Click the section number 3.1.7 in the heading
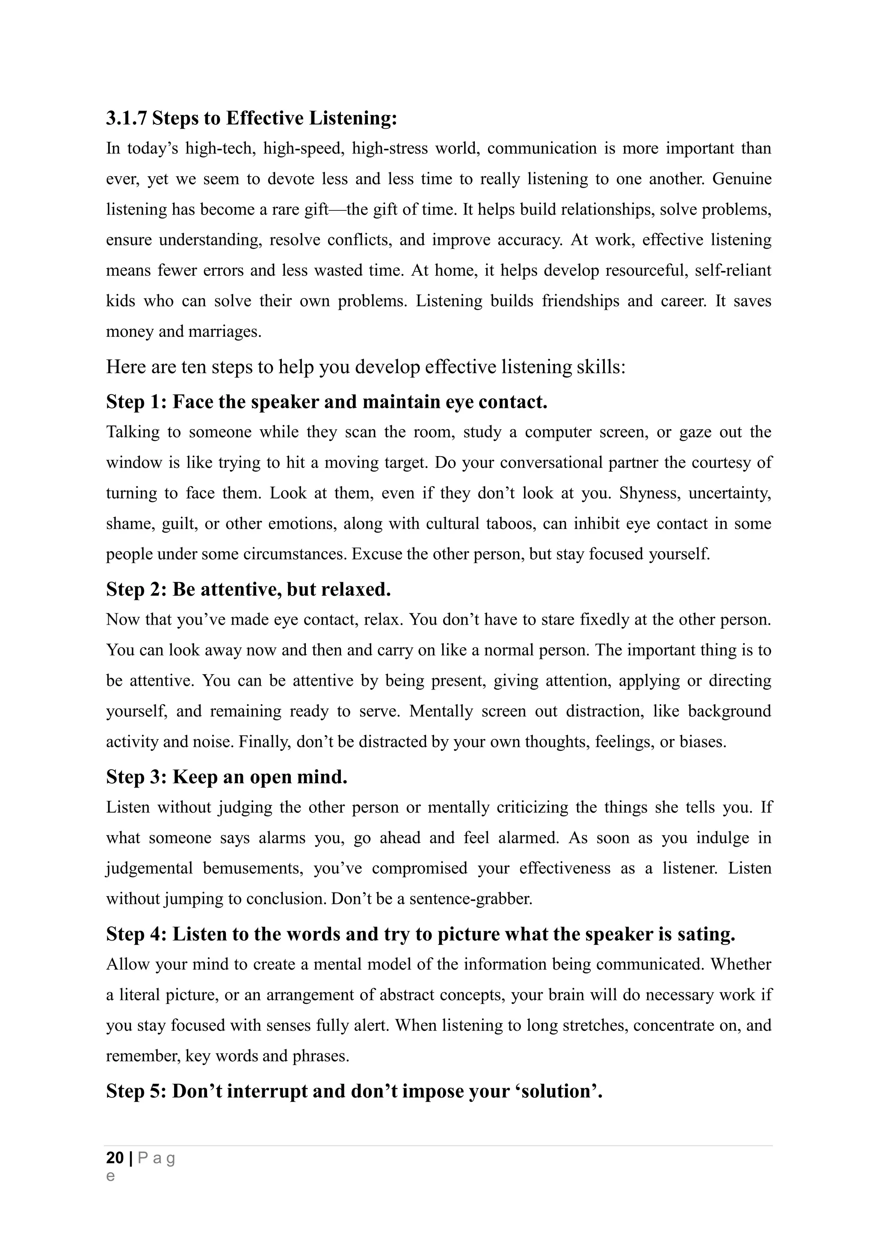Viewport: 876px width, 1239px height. (126, 118)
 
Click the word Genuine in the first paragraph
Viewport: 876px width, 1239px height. (742, 179)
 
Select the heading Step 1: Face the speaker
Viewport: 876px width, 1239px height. (326, 402)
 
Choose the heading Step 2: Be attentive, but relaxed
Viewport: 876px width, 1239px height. (248, 589)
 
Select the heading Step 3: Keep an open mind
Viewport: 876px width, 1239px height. (227, 777)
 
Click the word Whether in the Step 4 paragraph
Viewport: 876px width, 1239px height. (740, 965)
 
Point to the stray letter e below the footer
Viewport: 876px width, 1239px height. (111, 1176)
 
